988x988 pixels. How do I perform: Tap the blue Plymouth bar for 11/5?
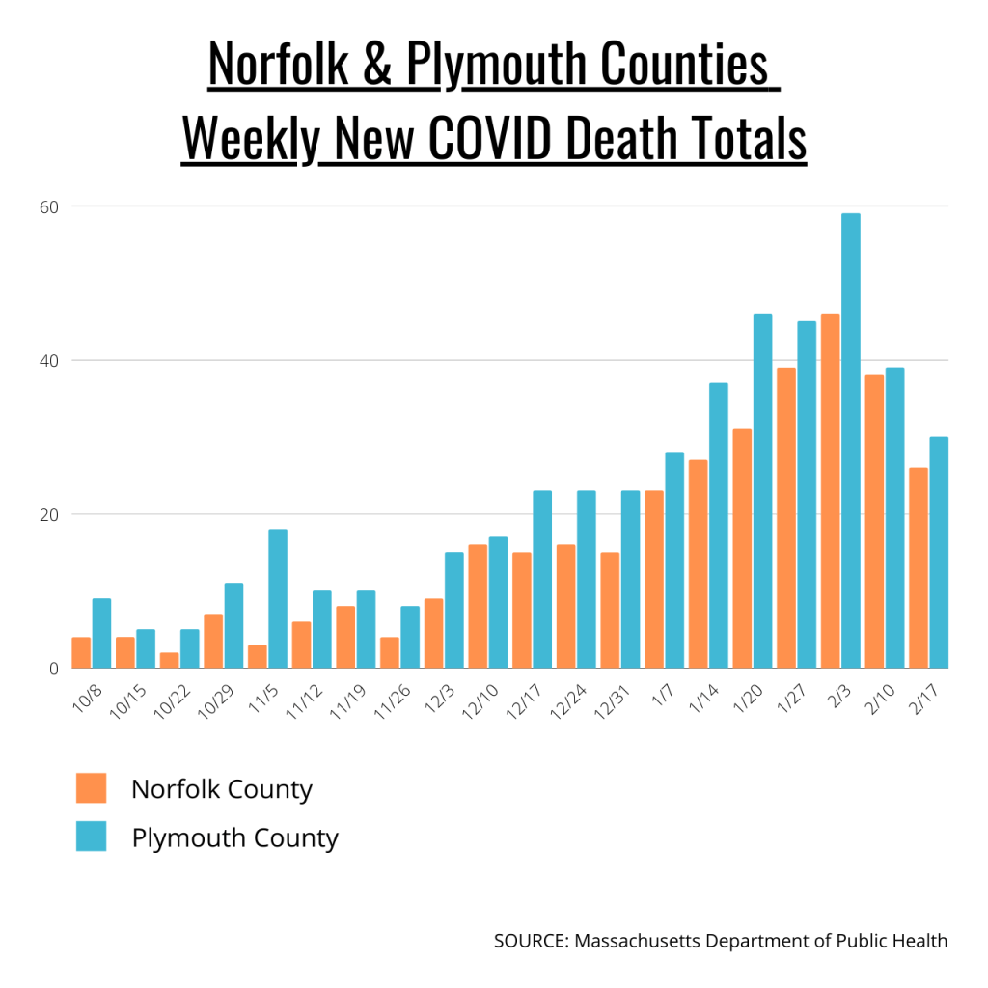(x=278, y=598)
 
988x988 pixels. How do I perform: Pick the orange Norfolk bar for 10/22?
(x=169, y=660)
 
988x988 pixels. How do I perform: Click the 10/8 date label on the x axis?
(x=85, y=696)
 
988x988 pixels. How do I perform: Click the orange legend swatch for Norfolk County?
(x=91, y=788)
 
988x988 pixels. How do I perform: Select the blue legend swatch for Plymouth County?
(x=91, y=837)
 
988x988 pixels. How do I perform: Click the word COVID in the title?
(x=489, y=139)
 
